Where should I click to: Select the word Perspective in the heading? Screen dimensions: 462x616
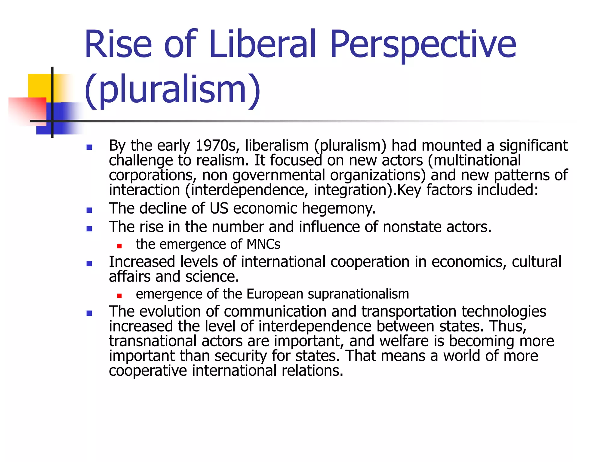423,45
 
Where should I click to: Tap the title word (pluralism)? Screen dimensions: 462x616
172,90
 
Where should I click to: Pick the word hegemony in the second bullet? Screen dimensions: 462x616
339,208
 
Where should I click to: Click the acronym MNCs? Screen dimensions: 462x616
263,244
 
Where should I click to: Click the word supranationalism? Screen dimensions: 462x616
358,294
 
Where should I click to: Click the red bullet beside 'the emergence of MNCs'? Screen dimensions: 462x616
119,246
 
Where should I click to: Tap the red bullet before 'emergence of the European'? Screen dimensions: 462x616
119,296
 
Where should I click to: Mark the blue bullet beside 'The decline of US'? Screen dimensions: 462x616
89,210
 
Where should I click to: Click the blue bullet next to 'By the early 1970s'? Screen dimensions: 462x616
89,147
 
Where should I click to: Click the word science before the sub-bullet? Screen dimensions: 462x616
212,277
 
